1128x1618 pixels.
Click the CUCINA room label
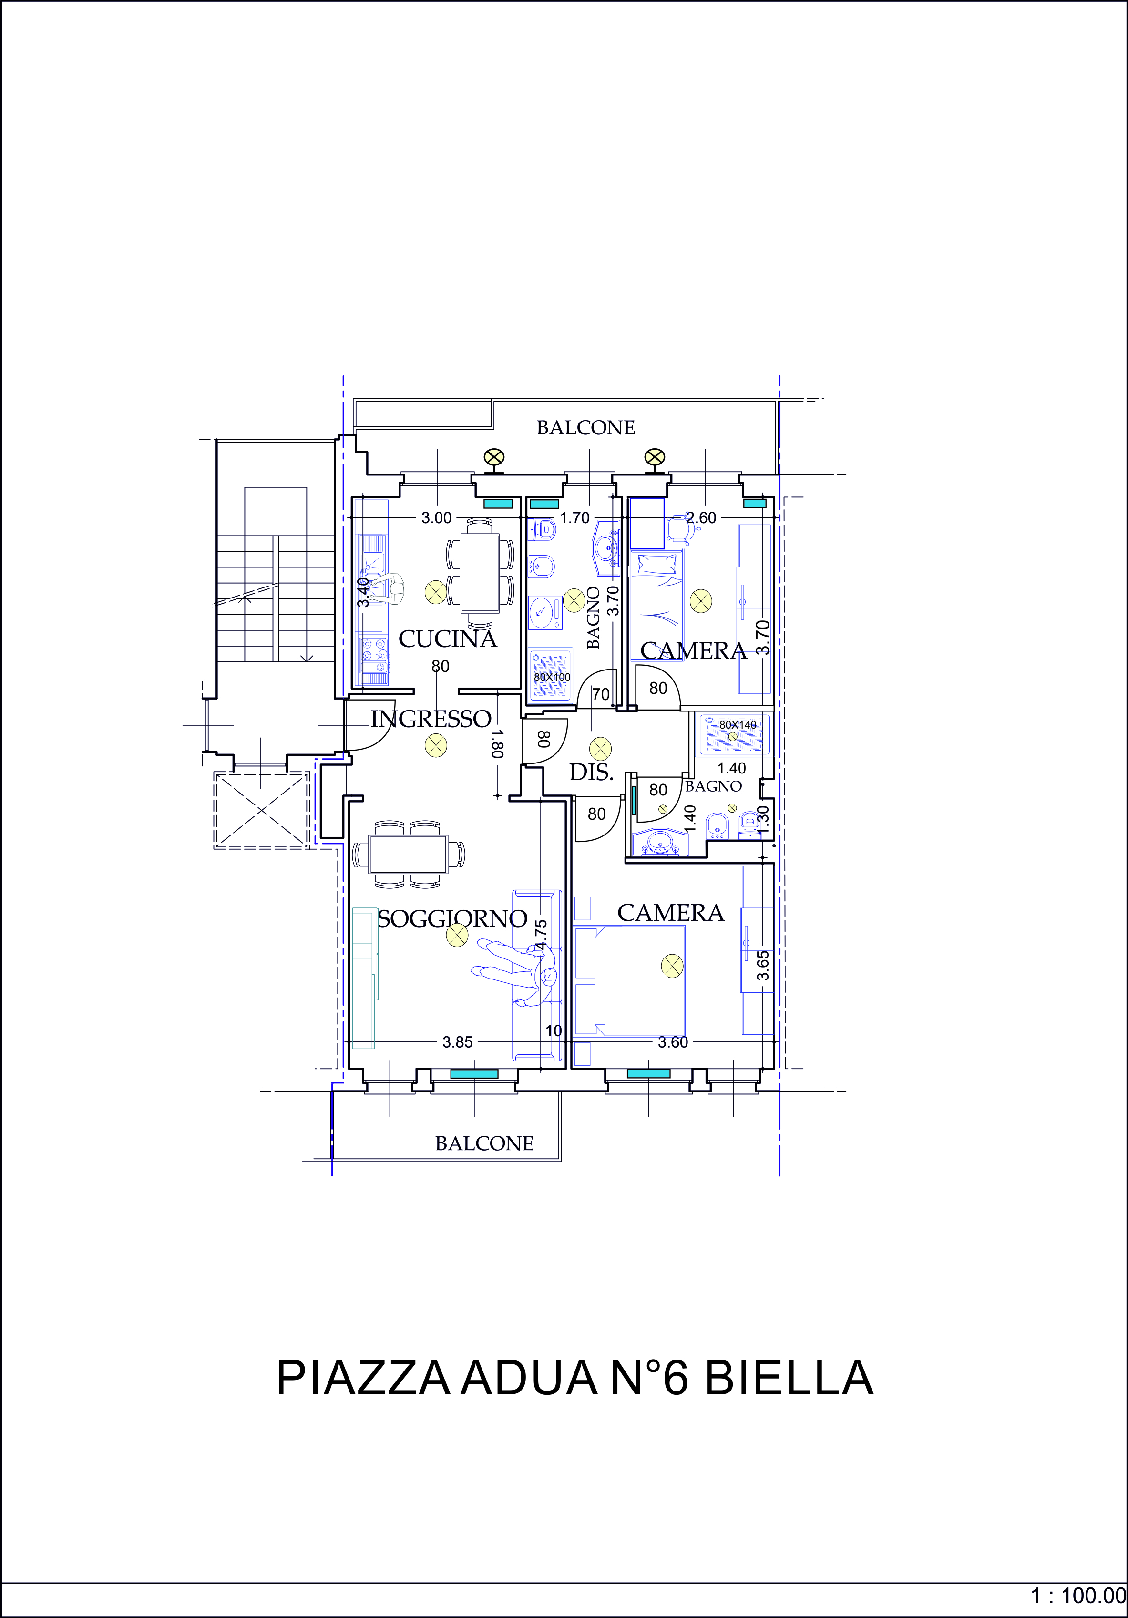(x=448, y=639)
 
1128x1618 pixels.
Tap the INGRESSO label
(x=431, y=719)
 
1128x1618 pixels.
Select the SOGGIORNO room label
(x=452, y=918)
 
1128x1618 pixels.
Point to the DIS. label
(x=591, y=773)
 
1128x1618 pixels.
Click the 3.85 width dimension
(x=457, y=1042)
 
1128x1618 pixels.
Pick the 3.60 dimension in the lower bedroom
(x=673, y=1042)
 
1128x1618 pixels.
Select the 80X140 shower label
(x=738, y=724)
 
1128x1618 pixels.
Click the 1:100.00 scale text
(x=1078, y=1596)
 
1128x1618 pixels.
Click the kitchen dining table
(x=480, y=573)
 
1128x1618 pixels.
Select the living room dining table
(x=409, y=855)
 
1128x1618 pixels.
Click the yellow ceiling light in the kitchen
(x=436, y=592)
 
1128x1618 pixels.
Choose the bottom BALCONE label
(x=485, y=1144)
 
